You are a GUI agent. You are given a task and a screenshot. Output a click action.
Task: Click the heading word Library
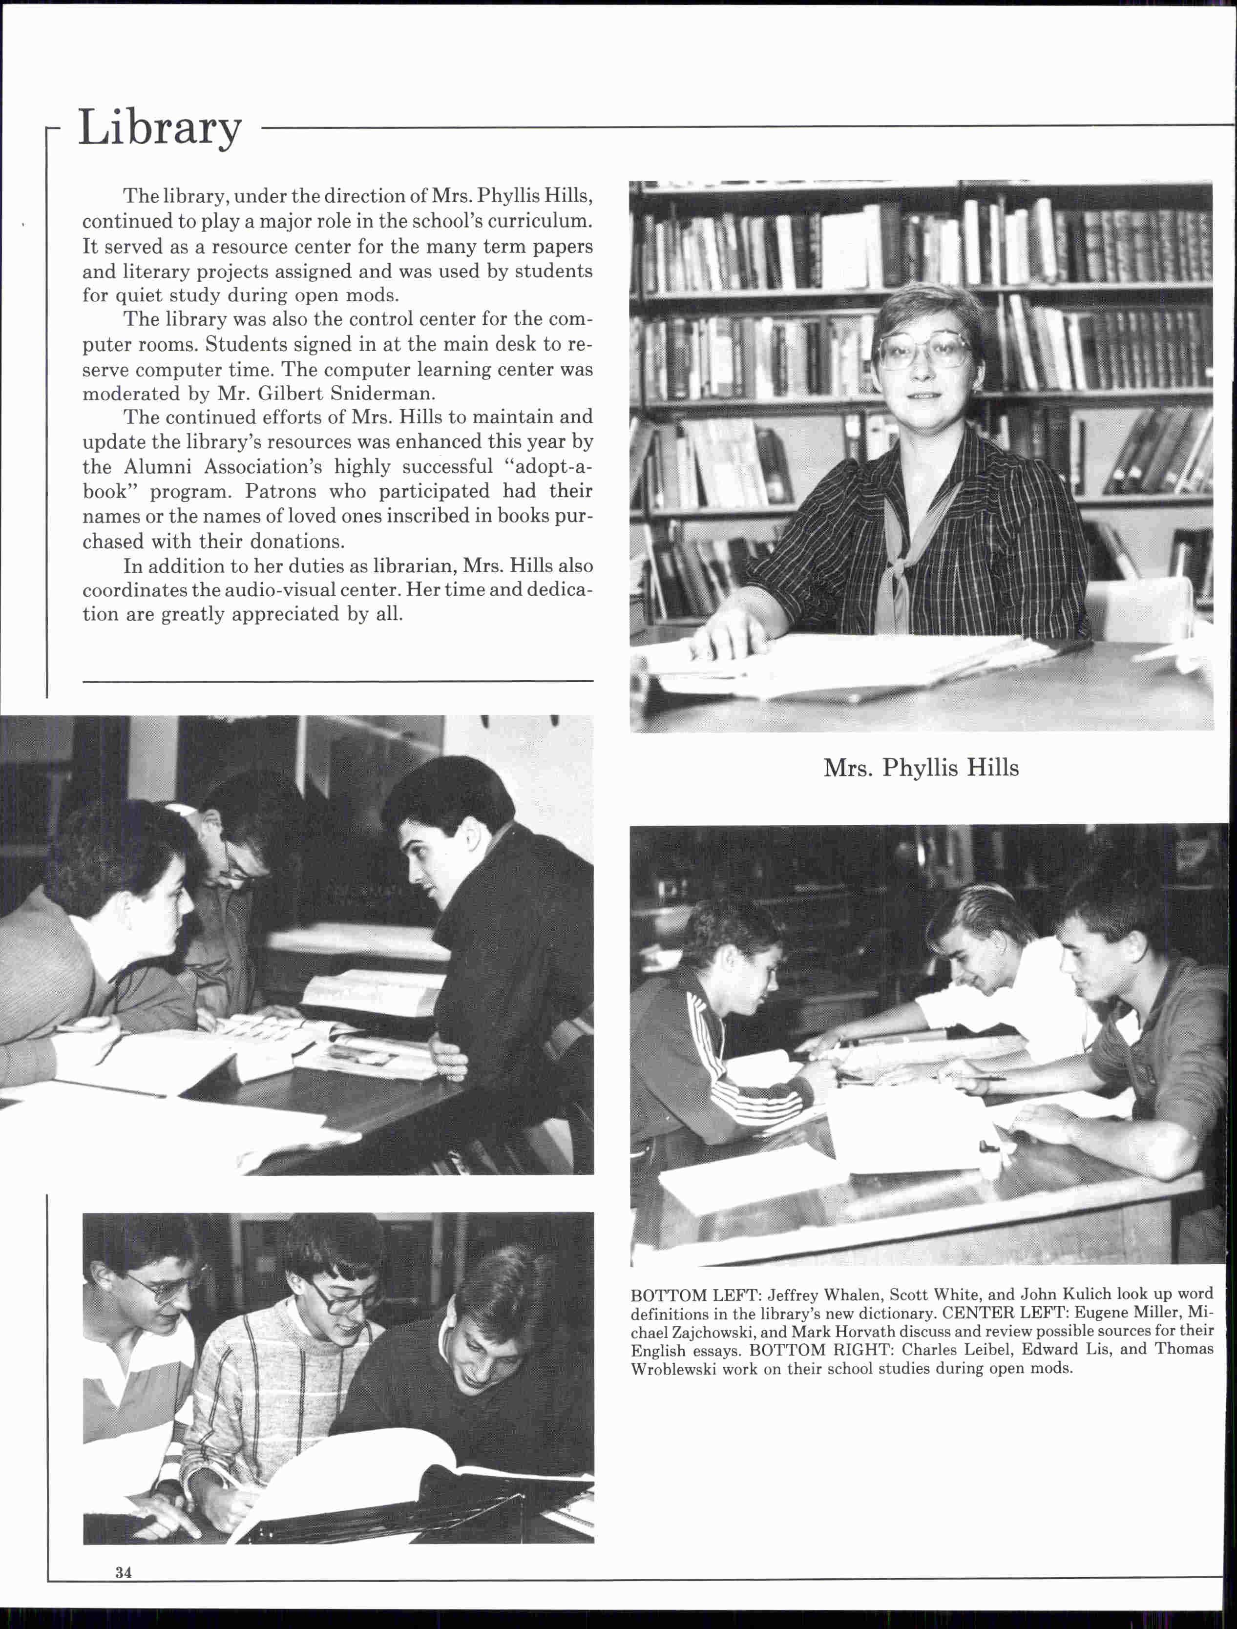[160, 127]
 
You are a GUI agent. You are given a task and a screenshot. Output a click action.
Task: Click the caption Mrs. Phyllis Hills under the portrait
[921, 768]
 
